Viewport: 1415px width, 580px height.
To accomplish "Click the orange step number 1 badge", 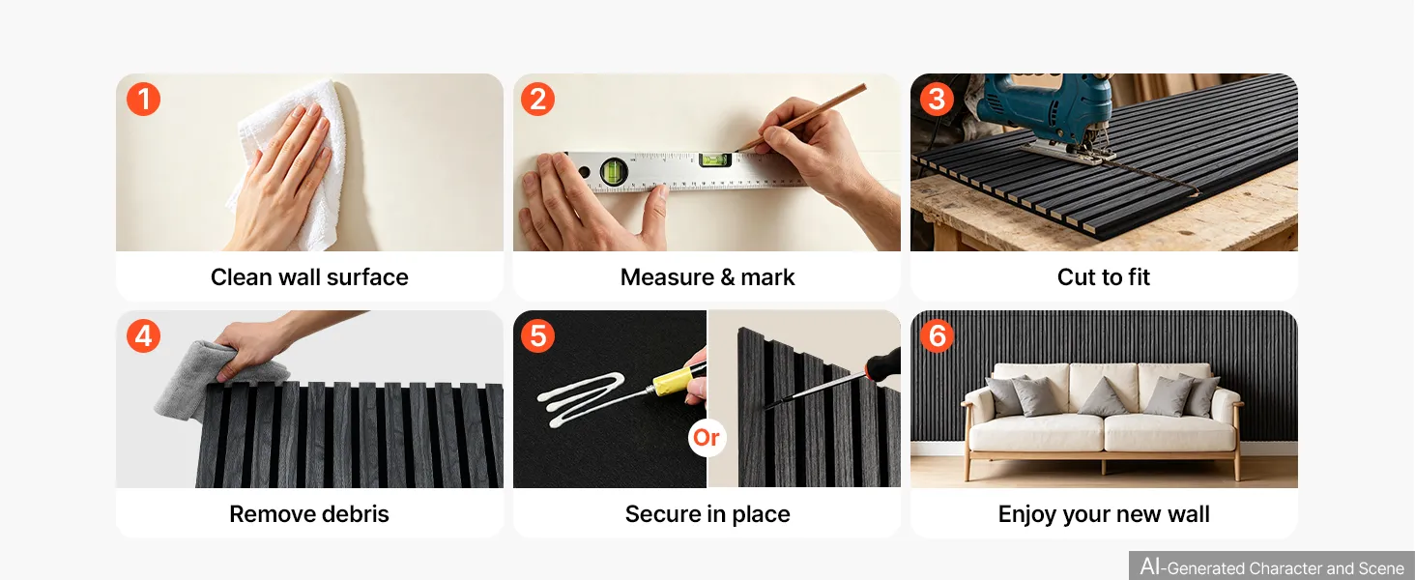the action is pos(143,100).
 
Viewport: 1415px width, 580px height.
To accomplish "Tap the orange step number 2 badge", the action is pos(537,100).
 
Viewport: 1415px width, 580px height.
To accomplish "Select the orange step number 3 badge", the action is pos(937,100).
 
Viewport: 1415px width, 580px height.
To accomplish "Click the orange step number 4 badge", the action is pos(143,335).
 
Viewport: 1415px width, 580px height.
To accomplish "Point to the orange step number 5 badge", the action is pos(537,335).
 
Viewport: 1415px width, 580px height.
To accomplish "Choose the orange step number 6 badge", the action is pos(937,335).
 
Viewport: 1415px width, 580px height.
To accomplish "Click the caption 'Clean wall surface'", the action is pos(309,277).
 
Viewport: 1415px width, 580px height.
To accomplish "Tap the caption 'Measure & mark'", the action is pos(707,277).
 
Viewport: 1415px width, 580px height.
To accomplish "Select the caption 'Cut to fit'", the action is pos(1104,277).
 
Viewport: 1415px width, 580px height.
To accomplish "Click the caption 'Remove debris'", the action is pos(309,514).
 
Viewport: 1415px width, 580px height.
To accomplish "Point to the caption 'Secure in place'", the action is pos(707,514).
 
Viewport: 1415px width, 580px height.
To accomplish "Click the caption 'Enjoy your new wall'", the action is pos(1104,514).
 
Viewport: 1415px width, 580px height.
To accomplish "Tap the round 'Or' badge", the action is pos(707,437).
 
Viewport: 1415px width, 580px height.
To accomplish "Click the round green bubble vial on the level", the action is pos(614,170).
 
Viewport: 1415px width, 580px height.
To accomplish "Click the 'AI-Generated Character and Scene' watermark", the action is pos(1272,566).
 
